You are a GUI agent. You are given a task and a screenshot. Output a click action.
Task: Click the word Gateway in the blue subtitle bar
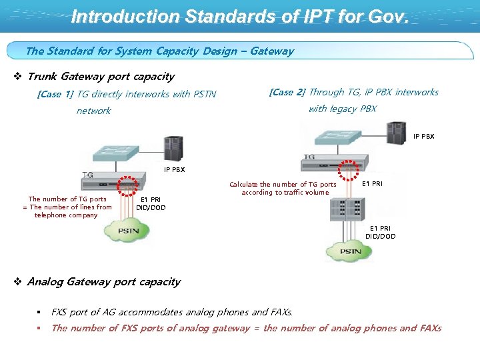click(271, 51)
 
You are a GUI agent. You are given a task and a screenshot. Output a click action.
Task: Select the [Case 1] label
click(55, 95)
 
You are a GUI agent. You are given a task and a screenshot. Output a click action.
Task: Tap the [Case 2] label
click(287, 93)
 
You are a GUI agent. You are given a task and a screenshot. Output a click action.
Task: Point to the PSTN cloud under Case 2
click(350, 252)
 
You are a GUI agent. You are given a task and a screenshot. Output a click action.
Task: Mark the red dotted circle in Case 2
click(348, 171)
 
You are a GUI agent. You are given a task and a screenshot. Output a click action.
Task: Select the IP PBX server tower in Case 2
click(397, 133)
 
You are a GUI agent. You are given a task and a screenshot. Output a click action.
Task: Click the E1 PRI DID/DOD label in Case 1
click(151, 203)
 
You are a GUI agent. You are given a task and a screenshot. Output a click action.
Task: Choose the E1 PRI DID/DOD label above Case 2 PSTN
click(380, 232)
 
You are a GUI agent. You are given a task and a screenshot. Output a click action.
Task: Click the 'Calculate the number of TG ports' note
click(283, 189)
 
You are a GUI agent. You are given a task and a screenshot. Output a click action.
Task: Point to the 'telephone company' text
click(66, 215)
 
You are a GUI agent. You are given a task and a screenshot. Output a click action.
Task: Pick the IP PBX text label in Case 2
click(423, 137)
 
